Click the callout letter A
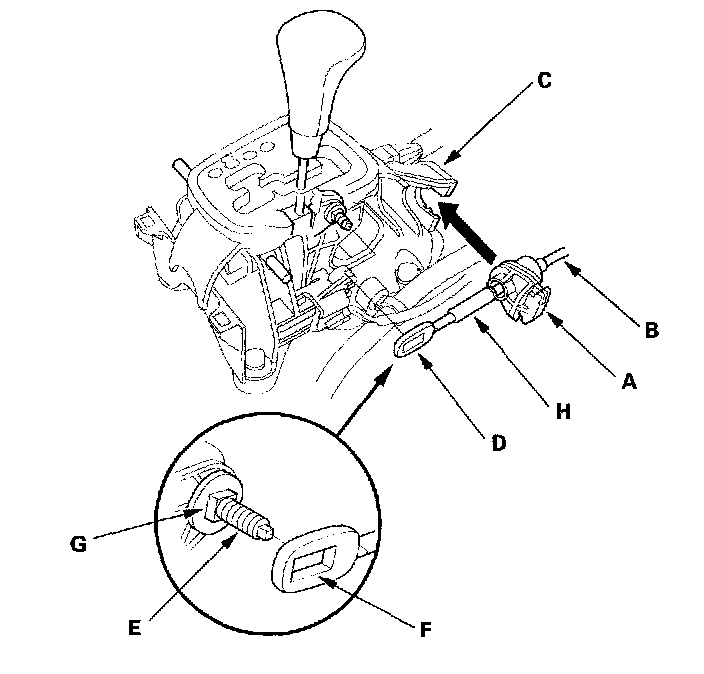[629, 381]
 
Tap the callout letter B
[651, 330]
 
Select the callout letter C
[544, 81]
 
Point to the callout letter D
[499, 443]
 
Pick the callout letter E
[134, 627]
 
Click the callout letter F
[426, 630]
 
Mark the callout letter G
[79, 544]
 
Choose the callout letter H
[563, 411]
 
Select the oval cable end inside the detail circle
[315, 559]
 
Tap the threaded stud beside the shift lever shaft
[337, 215]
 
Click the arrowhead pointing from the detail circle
[385, 374]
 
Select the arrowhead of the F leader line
[327, 581]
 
